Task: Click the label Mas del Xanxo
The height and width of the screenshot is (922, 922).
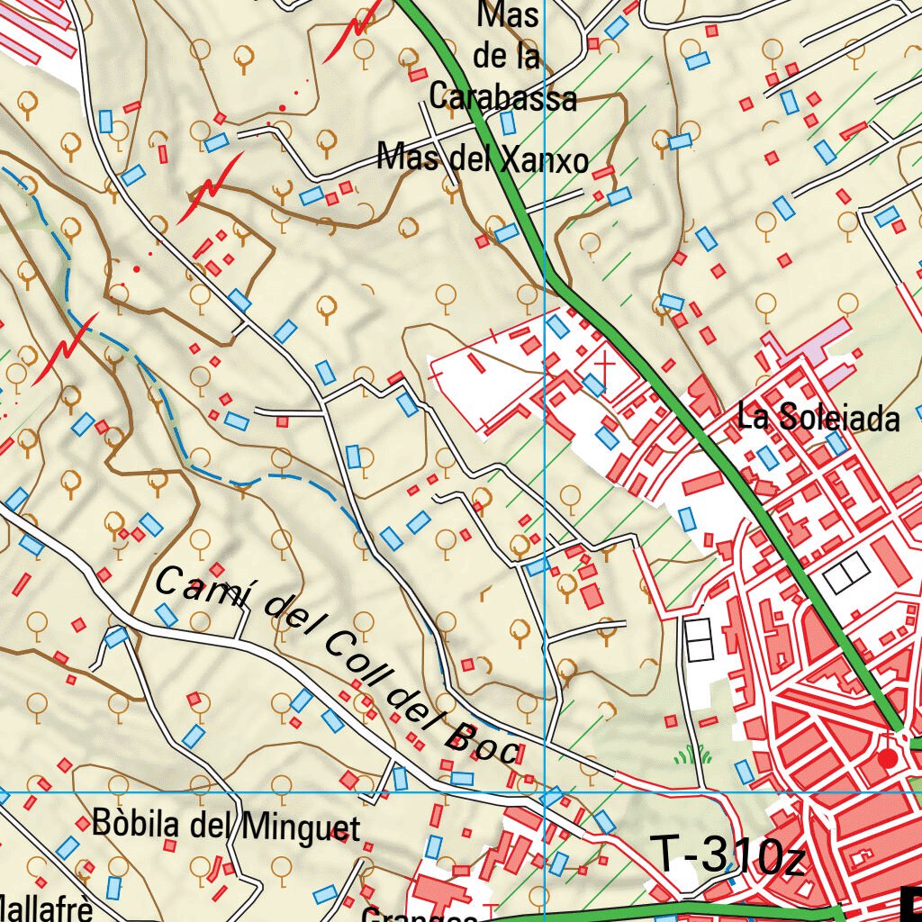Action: (x=483, y=159)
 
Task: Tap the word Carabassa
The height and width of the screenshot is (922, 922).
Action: (x=502, y=95)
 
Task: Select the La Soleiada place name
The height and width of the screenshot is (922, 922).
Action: (x=818, y=418)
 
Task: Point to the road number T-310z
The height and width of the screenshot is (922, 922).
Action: (x=726, y=856)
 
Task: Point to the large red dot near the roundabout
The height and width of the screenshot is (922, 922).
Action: (x=888, y=759)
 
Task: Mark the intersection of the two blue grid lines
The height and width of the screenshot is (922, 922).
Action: (x=546, y=792)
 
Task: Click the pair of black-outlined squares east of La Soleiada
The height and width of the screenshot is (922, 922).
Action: (x=846, y=574)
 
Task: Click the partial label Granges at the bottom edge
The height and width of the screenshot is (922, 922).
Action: (x=420, y=914)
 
